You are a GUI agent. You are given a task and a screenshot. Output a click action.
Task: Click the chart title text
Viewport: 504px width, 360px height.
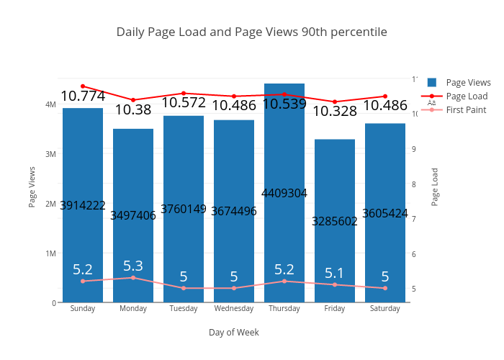[251, 32]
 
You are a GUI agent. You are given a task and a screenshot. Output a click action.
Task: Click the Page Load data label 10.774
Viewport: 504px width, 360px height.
[83, 96]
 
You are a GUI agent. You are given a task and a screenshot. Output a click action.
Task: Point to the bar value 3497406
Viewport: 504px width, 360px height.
[133, 215]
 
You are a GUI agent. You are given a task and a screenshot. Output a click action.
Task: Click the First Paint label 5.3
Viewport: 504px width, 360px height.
[133, 266]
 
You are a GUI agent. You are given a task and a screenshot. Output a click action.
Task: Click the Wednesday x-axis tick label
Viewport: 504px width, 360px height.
[234, 309]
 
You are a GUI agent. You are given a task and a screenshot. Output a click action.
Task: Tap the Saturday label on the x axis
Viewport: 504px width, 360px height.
[385, 309]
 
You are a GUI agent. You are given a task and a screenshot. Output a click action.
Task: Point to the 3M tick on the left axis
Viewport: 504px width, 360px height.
[50, 154]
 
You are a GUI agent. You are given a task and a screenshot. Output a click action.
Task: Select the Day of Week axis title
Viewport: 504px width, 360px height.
[234, 333]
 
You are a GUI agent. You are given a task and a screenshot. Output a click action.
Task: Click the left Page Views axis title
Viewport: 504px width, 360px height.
[32, 186]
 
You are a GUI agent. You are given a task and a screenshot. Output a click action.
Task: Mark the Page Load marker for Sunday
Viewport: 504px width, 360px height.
[83, 86]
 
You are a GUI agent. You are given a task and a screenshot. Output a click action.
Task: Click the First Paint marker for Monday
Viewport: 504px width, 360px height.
[133, 278]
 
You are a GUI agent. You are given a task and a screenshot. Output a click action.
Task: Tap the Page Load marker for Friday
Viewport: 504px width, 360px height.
[335, 102]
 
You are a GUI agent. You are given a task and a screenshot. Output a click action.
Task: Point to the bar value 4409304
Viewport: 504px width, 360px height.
[284, 193]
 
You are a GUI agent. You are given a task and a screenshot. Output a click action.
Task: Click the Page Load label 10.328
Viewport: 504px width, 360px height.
[335, 112]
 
